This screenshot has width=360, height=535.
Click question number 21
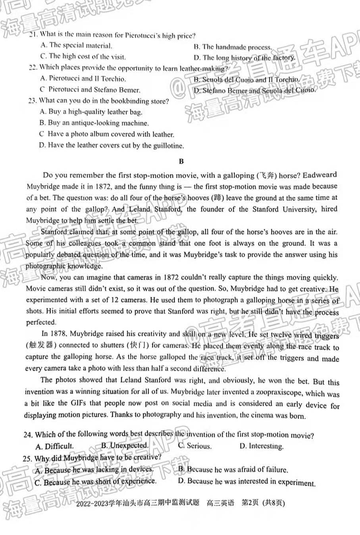pos(33,35)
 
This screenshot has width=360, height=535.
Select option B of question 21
pos(233,47)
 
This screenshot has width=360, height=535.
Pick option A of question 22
pos(83,79)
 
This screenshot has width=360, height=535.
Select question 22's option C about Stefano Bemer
pos(90,90)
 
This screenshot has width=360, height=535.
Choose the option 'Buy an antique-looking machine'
pos(94,123)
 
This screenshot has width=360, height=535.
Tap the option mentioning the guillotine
pos(112,145)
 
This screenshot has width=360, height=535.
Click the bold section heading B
pos(181,162)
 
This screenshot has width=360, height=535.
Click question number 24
pos(27,435)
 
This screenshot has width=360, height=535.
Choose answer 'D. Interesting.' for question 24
pos(262,446)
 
